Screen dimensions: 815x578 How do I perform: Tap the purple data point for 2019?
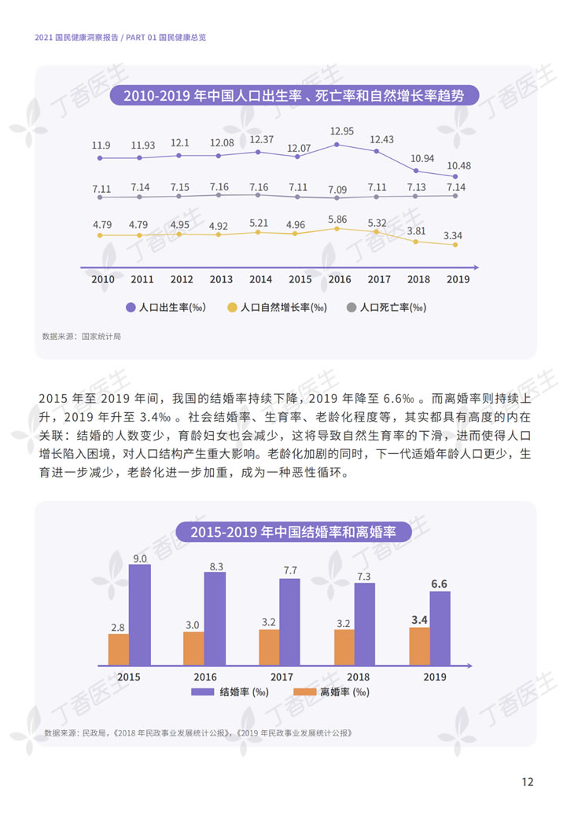455,176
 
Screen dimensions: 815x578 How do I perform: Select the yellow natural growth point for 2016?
337,228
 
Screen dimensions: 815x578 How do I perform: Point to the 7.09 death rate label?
337,189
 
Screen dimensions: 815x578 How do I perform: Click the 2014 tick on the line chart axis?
260,279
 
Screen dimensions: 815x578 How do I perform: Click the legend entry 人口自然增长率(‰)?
276,308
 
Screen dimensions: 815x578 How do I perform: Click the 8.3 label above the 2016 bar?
216,566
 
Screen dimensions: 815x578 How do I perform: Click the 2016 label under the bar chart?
205,677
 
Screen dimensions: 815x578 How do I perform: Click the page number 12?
528,781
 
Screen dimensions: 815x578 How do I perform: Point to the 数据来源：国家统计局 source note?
82,336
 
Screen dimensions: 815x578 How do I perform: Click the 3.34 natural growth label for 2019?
452,234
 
